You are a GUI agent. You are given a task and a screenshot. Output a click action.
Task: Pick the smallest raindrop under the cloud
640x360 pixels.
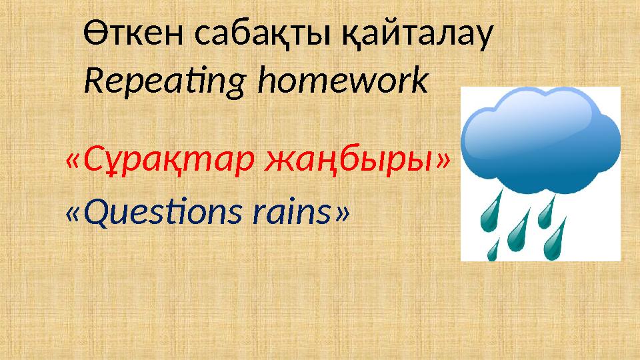click(494, 249)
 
